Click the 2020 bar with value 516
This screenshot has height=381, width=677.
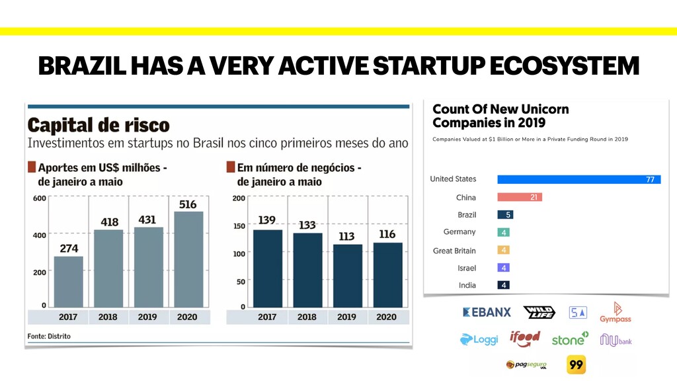(188, 259)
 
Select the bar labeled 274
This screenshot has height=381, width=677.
(68, 281)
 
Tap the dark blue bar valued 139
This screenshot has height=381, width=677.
(267, 267)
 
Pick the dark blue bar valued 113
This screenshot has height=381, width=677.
(346, 275)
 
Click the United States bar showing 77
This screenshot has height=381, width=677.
(578, 179)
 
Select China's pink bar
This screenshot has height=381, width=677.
(519, 197)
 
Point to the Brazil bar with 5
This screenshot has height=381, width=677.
(505, 215)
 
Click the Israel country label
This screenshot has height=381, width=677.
(466, 268)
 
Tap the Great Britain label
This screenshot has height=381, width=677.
(454, 251)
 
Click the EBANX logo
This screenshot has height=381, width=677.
(487, 312)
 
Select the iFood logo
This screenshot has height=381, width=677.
(525, 339)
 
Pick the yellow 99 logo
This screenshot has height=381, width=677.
(576, 364)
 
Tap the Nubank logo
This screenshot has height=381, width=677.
(616, 340)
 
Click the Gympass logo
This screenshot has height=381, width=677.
(616, 312)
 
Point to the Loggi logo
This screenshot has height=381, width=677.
(479, 340)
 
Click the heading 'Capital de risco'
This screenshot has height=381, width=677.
(99, 125)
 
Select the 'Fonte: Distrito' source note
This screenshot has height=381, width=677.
(49, 336)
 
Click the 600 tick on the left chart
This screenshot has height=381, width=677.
(39, 198)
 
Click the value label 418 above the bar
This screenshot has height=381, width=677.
(109, 222)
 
